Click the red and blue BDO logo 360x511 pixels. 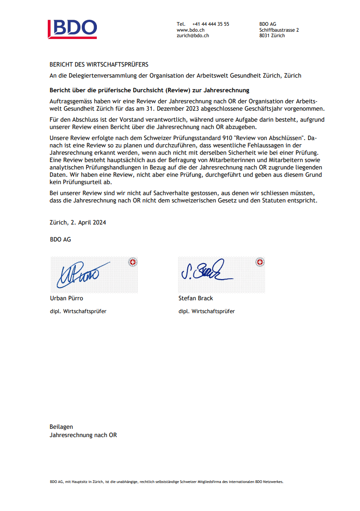point(73,28)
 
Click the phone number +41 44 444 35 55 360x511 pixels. point(211,24)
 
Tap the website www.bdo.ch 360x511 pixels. point(190,30)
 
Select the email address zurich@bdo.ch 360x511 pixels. point(193,35)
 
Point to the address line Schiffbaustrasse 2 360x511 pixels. point(279,30)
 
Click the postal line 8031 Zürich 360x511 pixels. point(272,35)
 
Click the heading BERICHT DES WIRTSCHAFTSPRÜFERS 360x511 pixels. point(99,65)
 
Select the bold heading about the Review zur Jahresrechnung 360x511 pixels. point(149,90)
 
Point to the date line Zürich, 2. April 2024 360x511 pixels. point(78,222)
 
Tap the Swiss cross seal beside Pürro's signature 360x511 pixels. point(133,262)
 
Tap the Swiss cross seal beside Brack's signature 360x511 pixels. point(260,262)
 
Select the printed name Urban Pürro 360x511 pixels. point(67,298)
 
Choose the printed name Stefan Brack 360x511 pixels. point(196,298)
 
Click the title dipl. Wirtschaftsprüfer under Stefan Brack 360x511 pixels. point(207,311)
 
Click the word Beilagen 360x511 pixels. point(61,427)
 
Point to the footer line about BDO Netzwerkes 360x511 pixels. point(167,482)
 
